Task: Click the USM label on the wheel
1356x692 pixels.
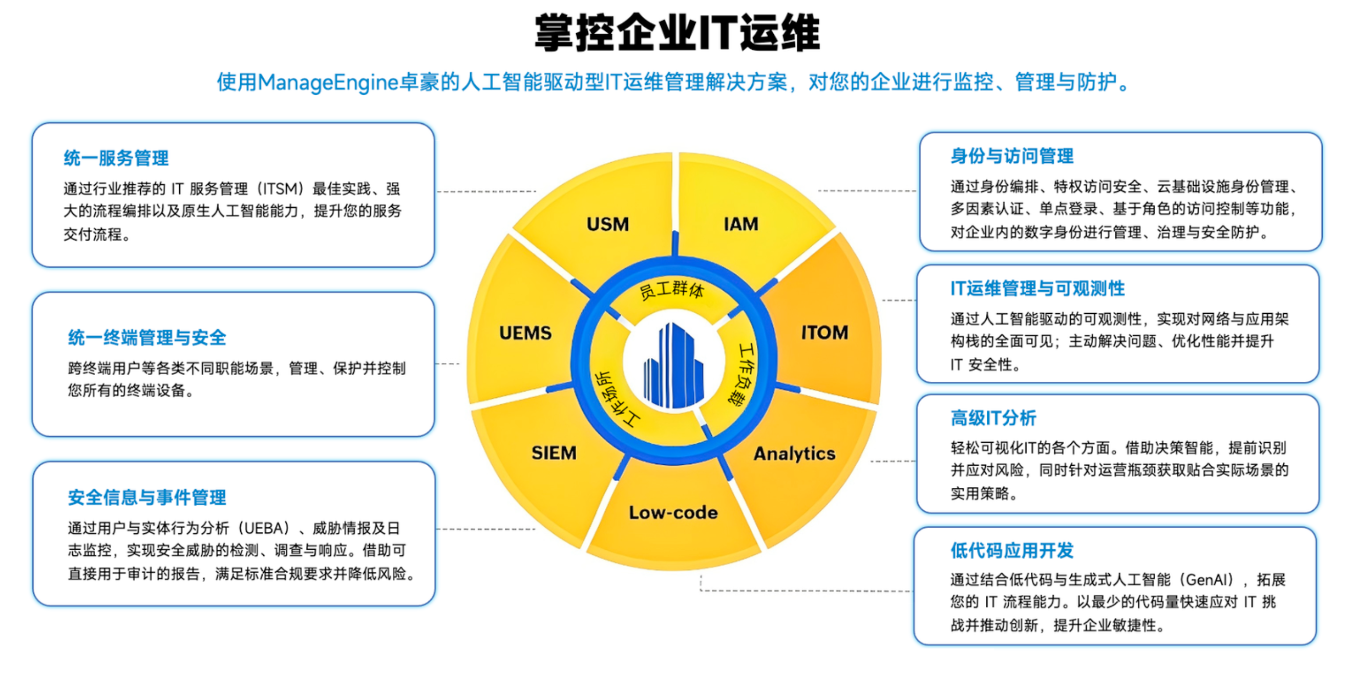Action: (x=608, y=224)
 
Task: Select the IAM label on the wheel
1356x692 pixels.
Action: (x=741, y=224)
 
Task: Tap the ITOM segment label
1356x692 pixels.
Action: (x=824, y=333)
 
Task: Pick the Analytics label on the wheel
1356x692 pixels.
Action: (x=794, y=453)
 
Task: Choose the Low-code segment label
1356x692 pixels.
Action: (x=673, y=512)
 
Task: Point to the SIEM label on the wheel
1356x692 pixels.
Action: (x=554, y=453)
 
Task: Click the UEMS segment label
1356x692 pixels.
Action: (x=525, y=333)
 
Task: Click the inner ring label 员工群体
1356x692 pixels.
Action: (x=671, y=290)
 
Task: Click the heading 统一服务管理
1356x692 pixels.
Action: (x=116, y=158)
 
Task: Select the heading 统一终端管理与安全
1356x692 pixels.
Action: (x=147, y=338)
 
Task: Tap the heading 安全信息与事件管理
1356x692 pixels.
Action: (x=147, y=498)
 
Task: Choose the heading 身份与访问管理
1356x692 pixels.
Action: (x=1012, y=156)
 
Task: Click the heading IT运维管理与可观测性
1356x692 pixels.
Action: (x=1037, y=288)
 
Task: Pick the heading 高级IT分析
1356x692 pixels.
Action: (x=993, y=418)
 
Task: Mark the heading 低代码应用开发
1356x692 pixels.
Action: (x=1012, y=550)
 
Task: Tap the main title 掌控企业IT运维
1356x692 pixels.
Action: (x=677, y=33)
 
